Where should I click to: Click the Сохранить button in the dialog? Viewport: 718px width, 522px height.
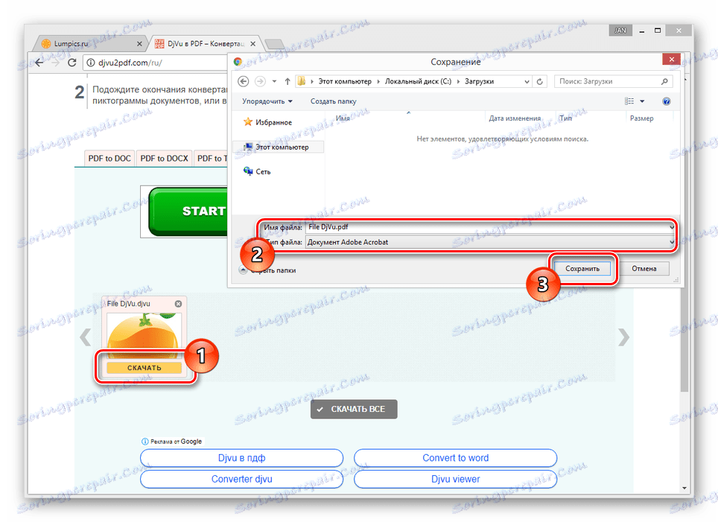pos(582,268)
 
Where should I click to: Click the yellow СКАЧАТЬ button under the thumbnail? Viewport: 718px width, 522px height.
pos(144,368)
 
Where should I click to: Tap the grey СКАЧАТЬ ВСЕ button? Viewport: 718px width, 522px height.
pos(354,409)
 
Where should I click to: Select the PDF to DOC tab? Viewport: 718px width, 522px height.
pos(109,159)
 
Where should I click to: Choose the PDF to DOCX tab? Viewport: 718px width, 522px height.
pos(164,159)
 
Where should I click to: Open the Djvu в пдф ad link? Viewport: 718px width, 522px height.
pos(241,458)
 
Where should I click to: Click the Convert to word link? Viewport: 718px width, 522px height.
pos(455,458)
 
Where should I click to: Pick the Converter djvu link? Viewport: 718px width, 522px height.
pos(241,479)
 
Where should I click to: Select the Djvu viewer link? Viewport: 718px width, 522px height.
pos(455,479)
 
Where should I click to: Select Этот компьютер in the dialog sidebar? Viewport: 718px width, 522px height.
pos(282,147)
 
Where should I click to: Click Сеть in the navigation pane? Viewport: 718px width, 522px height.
pos(263,171)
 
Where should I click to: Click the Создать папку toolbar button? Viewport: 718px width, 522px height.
pos(333,101)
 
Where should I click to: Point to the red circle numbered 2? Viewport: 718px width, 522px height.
pos(256,255)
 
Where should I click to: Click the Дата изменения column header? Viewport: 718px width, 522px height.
pos(515,118)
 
